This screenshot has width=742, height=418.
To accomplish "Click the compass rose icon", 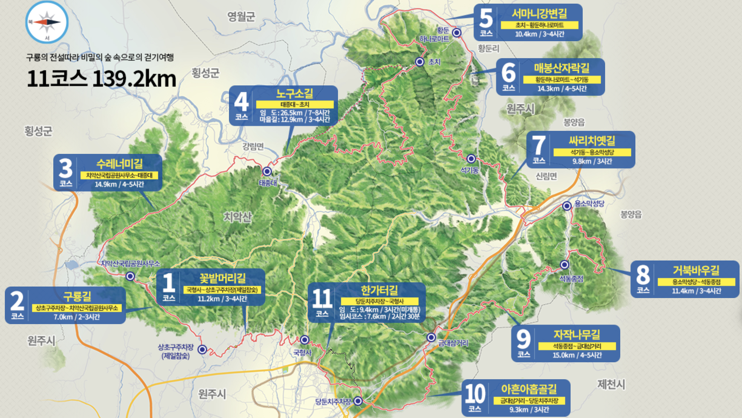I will point(47,22).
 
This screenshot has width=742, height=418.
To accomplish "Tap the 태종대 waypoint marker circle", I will point(267,171).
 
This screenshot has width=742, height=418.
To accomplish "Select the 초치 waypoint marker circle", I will point(419,62).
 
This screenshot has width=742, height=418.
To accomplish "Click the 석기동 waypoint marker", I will point(471,158).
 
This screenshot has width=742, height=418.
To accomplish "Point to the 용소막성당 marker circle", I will point(567,206).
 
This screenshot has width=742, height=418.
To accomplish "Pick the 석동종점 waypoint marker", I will point(564,265).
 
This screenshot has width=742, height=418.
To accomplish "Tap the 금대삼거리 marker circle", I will point(431,337).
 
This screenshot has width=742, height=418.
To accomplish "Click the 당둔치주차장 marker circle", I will point(358,401).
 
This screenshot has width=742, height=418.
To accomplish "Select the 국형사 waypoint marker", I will point(304,340).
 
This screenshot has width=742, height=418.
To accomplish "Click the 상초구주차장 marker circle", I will point(202,350).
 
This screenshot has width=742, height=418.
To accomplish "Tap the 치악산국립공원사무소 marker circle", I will point(130,276).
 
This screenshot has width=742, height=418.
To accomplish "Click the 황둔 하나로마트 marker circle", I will point(457,32).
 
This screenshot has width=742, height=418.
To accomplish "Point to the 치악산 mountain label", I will point(237,217).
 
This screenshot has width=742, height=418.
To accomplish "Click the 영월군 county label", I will point(241,16).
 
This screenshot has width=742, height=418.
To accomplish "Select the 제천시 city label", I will point(611,384).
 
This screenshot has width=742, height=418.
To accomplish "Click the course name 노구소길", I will point(294,94).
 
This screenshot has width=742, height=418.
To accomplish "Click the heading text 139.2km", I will point(134,79).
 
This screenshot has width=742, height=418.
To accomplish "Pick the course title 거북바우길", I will point(696,270).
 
